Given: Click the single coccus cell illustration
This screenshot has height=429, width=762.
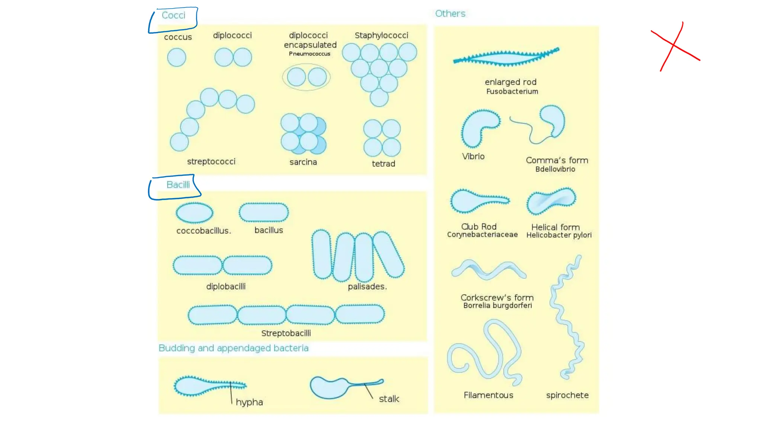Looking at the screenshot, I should pyautogui.click(x=176, y=58).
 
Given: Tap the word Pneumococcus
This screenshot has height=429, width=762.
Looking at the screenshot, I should pyautogui.click(x=310, y=54).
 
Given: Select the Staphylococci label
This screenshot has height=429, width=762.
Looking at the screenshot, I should pyautogui.click(x=381, y=35).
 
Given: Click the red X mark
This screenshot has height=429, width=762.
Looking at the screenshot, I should pyautogui.click(x=674, y=46).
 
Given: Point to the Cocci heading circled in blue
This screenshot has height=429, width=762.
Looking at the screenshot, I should pyautogui.click(x=173, y=15).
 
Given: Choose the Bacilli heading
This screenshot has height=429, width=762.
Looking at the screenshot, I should pyautogui.click(x=178, y=185).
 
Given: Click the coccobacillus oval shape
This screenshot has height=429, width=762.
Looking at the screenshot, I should pyautogui.click(x=194, y=213).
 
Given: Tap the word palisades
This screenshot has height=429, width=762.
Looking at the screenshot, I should pyautogui.click(x=367, y=287).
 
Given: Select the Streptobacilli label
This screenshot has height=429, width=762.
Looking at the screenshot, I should pyautogui.click(x=286, y=333).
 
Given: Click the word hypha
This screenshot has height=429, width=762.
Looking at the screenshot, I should pyautogui.click(x=249, y=402).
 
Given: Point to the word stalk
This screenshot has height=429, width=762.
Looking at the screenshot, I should pyautogui.click(x=389, y=399).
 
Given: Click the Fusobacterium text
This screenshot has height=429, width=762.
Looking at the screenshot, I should pyautogui.click(x=512, y=92).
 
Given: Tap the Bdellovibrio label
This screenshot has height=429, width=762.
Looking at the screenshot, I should pyautogui.click(x=555, y=169).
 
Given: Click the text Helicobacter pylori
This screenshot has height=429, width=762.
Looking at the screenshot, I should pyautogui.click(x=559, y=235).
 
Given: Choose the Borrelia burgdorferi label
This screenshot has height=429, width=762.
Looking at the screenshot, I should pyautogui.click(x=497, y=306).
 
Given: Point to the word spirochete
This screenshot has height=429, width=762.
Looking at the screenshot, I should pyautogui.click(x=567, y=395).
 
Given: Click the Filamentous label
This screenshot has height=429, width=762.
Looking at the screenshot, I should pyautogui.click(x=488, y=395).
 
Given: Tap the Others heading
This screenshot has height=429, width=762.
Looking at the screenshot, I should pyautogui.click(x=450, y=14).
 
